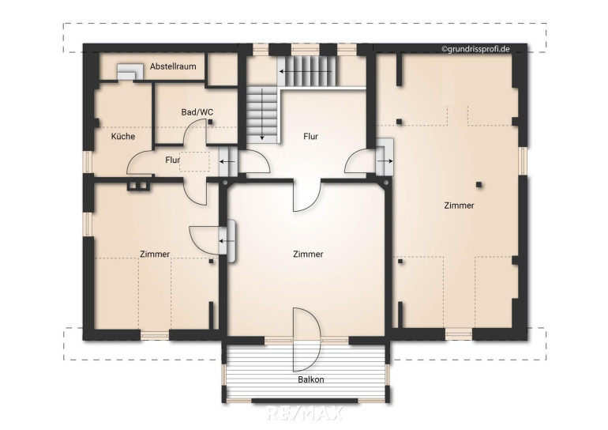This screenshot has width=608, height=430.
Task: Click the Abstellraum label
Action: coord(173,66)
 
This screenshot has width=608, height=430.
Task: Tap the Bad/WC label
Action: coord(197,112)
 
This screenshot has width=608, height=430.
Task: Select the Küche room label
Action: coord(123,136)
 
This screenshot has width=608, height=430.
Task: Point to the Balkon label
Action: coord(311,379)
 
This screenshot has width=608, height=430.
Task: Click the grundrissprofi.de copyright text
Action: coord(475,49)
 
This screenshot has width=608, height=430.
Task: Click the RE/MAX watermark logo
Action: coord(305,413)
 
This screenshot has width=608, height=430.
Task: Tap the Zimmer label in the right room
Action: coord(459,206)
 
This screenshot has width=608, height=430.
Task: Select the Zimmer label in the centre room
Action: coord(308,255)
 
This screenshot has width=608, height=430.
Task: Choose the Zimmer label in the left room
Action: coord(155,255)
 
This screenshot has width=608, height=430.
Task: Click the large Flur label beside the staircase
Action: coord(311,136)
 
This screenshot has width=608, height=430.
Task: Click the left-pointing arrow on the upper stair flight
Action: coord(306,72)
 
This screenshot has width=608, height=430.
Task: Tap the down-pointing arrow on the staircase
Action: coord(262,114)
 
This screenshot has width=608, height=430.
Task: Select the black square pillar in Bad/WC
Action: coord(210,122)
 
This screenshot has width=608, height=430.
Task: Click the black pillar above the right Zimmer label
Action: coord(479,185)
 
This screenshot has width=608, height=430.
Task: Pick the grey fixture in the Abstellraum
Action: coord(127,72)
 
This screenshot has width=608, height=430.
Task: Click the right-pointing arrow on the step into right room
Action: coord(386,161)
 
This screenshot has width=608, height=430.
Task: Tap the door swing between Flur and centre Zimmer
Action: coord(307,197)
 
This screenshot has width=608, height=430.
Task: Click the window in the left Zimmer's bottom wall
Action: coord(155,335)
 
